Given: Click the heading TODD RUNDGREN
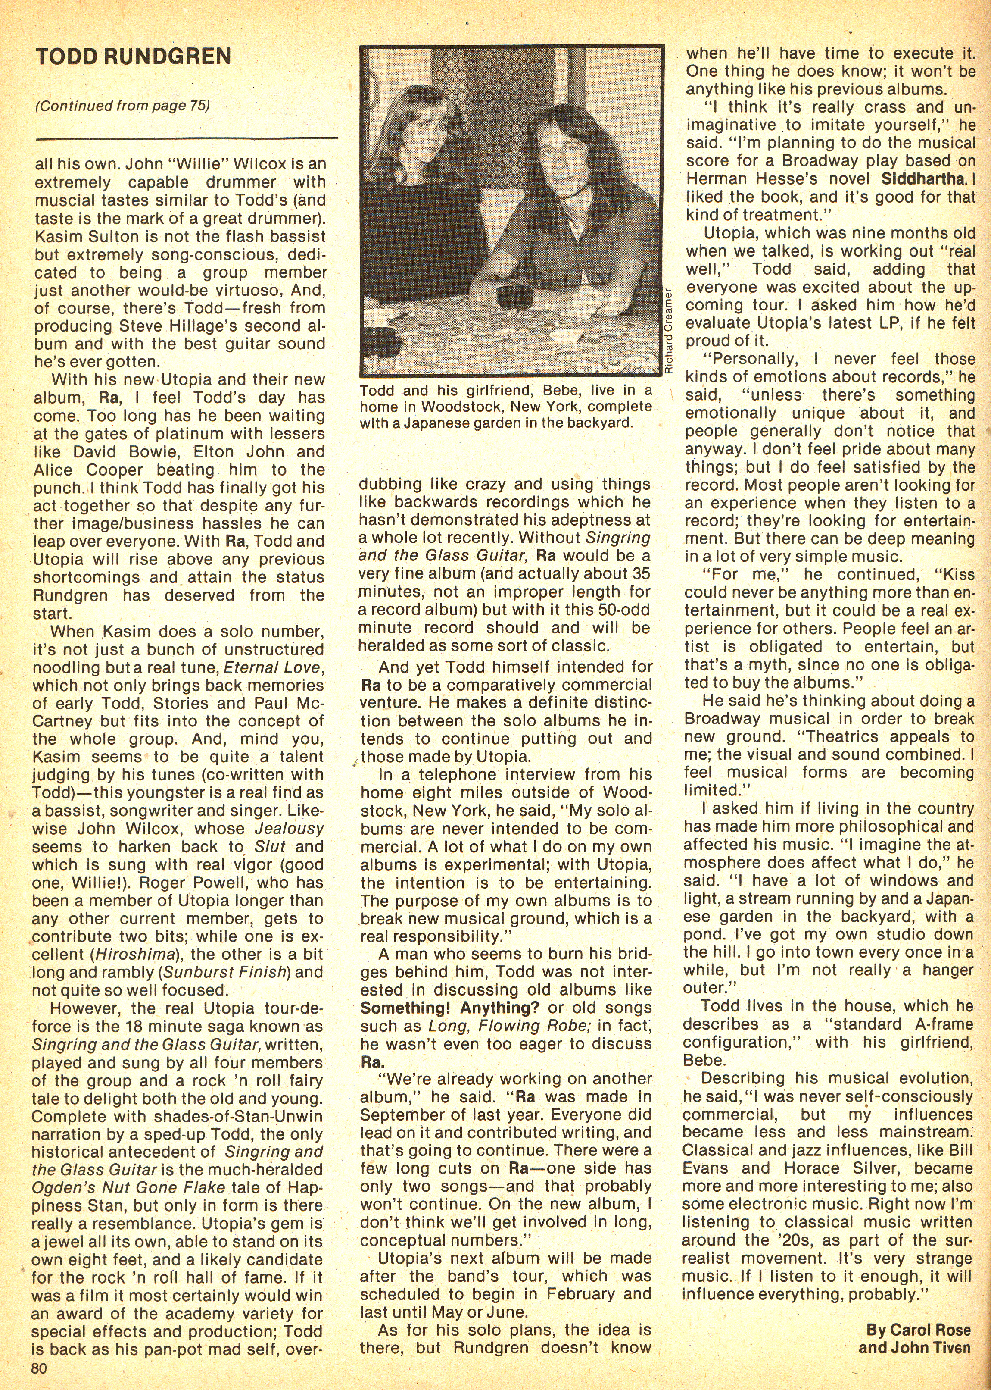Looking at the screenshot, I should tap(134, 57).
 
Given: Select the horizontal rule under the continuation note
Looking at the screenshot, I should tap(186, 138).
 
